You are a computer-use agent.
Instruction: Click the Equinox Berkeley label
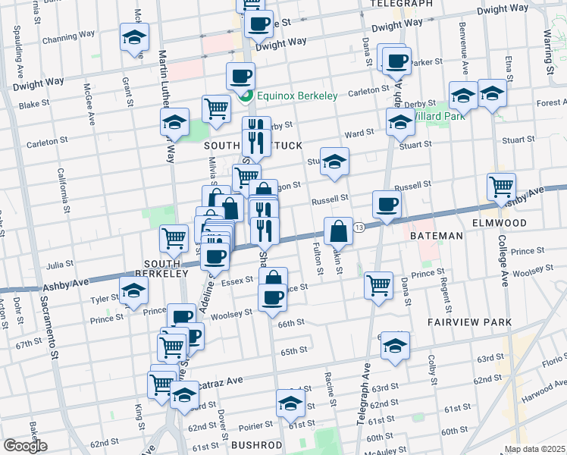pyautogui.click(x=296, y=96)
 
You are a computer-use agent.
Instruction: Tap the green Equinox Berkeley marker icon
pyautogui.click(x=246, y=96)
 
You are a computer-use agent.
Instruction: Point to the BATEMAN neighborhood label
pyautogui.click(x=437, y=236)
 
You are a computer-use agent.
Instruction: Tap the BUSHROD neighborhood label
pyautogui.click(x=256, y=444)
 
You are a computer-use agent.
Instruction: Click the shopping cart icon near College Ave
pyautogui.click(x=501, y=186)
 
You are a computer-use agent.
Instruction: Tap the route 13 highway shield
pyautogui.click(x=359, y=227)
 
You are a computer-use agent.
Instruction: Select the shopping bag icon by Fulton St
pyautogui.click(x=339, y=231)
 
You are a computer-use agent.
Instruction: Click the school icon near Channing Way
pyautogui.click(x=134, y=38)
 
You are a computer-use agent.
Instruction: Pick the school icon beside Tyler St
pyautogui.click(x=133, y=291)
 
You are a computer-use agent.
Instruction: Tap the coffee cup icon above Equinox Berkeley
pyautogui.click(x=240, y=77)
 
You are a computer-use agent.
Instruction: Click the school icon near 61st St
pyautogui.click(x=290, y=404)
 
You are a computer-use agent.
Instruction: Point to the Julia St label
pyautogui.click(x=58, y=265)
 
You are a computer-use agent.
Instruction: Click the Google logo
pyautogui.click(x=25, y=446)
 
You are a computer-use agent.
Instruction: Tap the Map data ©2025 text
pyautogui.click(x=534, y=449)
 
